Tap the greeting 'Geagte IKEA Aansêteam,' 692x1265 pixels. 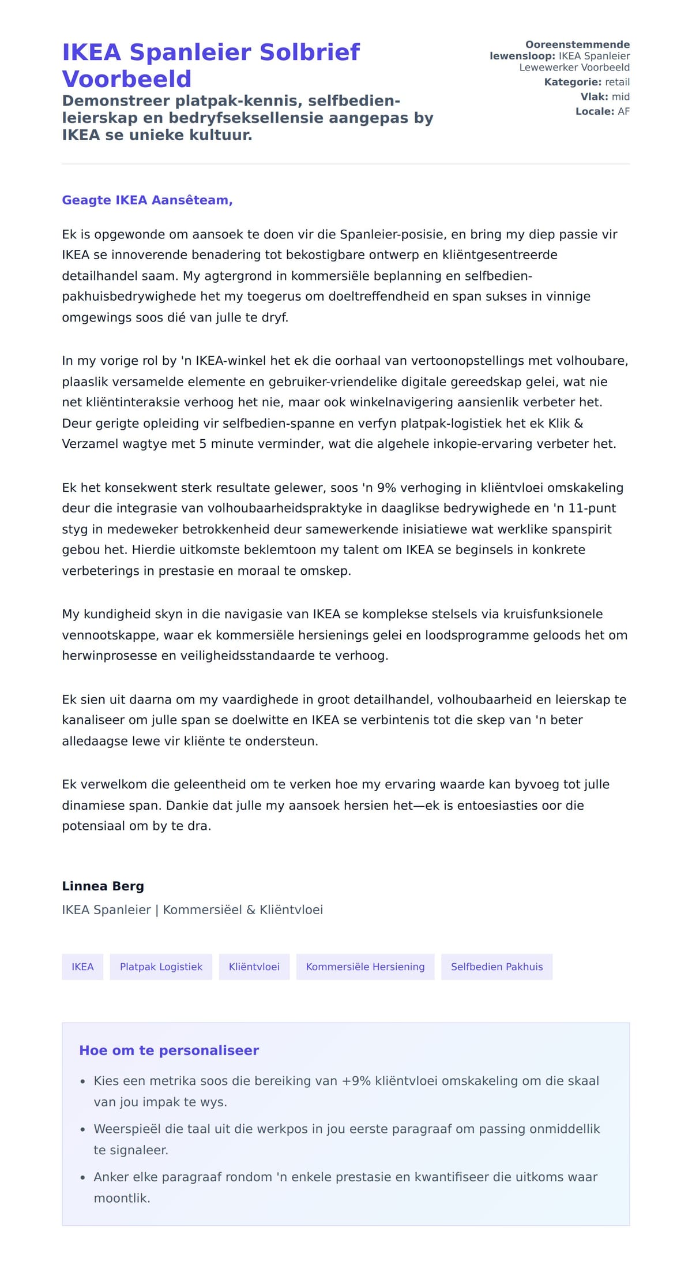[x=147, y=200]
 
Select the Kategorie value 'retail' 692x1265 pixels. [x=617, y=82]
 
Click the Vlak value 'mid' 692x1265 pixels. [x=620, y=96]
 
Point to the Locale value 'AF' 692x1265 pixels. [x=623, y=111]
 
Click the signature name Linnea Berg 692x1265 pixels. [x=103, y=886]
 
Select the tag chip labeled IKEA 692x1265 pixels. [x=82, y=967]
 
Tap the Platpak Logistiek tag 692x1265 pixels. [x=161, y=967]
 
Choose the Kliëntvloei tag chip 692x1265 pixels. [x=254, y=967]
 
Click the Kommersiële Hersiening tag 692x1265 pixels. [x=365, y=967]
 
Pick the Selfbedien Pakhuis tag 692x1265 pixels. [x=497, y=967]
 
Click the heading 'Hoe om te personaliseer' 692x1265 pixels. [x=169, y=1050]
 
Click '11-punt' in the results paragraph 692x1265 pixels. [x=592, y=508]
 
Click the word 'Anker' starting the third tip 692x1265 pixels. [x=111, y=1177]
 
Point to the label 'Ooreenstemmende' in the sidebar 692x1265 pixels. [x=577, y=44]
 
